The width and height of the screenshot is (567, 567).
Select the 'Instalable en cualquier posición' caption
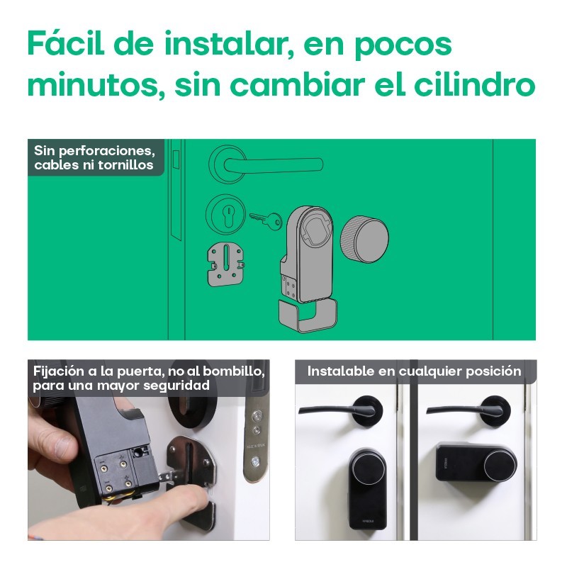pyautogui.click(x=414, y=371)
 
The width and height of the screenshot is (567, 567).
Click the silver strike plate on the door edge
pyautogui.click(x=253, y=432)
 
